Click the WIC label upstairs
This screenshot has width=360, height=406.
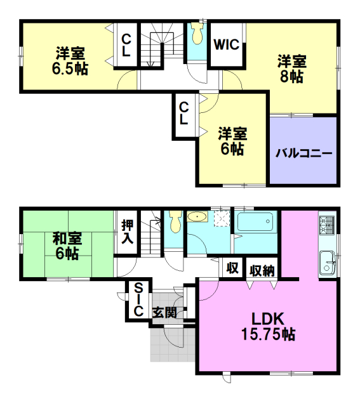[226, 44]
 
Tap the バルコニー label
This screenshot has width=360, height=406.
[303, 154]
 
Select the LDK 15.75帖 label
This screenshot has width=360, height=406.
[268, 327]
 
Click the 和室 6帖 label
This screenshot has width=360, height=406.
[67, 246]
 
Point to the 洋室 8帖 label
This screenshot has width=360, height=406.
[292, 69]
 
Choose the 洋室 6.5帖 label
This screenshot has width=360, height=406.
[70, 61]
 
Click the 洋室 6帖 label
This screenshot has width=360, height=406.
[232, 141]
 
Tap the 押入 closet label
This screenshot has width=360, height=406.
[127, 232]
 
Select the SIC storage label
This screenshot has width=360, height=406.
[138, 299]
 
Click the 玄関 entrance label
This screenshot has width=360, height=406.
[164, 313]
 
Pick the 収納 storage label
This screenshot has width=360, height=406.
[262, 271]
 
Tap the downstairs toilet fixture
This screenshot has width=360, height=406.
[175, 221]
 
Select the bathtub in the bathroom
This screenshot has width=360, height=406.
[255, 222]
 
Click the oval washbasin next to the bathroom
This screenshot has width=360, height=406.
[197, 217]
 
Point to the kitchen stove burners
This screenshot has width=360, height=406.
[326, 225]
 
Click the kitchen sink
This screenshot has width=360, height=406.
[327, 263]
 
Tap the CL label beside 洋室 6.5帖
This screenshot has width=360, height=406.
[126, 46]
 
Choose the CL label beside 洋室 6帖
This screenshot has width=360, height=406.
[183, 114]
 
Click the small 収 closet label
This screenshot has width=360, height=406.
[232, 268]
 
